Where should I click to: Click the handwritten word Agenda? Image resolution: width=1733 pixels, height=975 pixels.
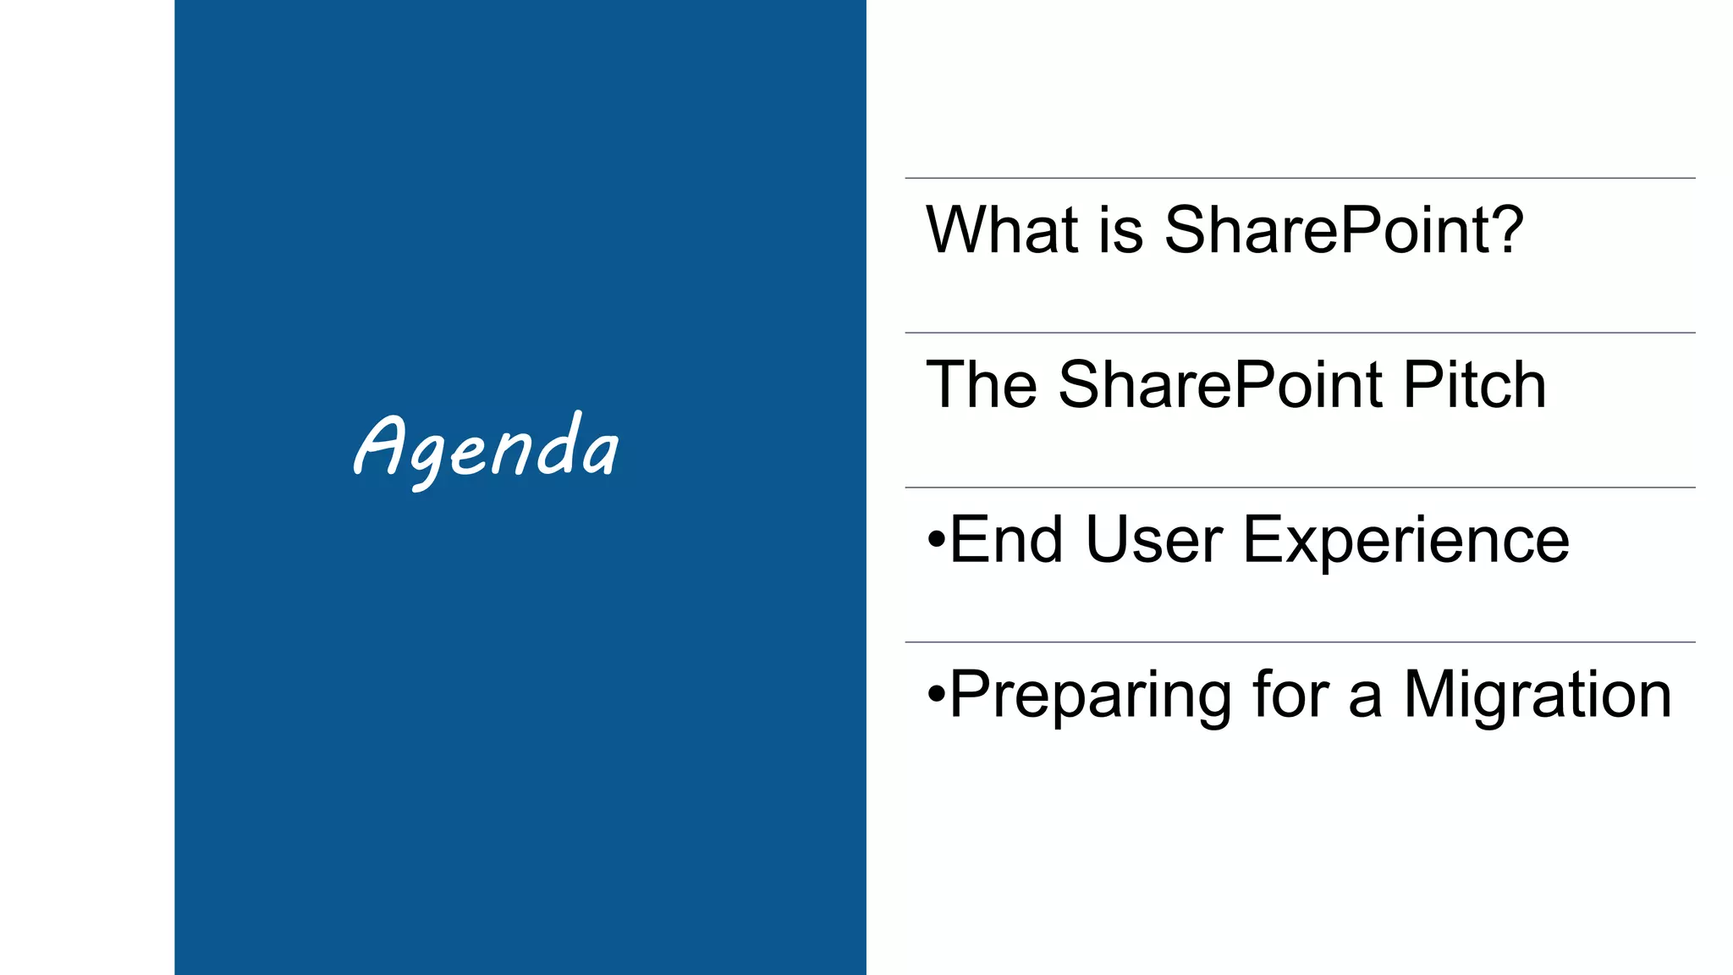(x=486, y=449)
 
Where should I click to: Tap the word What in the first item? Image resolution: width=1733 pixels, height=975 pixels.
(x=1002, y=229)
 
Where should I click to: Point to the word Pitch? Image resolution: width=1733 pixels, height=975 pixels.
(x=1474, y=384)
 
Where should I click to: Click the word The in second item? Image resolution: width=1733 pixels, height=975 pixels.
(x=982, y=384)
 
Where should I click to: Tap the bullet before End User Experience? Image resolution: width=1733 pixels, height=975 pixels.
(x=935, y=538)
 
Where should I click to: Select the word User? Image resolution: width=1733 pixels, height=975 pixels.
(x=1153, y=539)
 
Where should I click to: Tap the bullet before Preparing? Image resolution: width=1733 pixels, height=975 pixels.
(x=935, y=694)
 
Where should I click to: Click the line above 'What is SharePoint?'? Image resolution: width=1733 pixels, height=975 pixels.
(x=1300, y=178)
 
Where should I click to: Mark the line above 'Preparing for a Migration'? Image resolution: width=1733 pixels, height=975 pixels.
(x=1300, y=642)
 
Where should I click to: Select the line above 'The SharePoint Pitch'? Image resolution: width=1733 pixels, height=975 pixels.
(x=1300, y=333)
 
